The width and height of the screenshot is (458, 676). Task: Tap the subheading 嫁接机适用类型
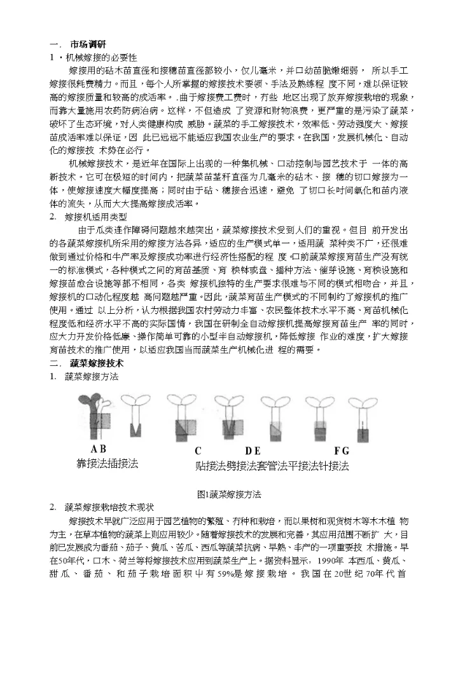[96, 217]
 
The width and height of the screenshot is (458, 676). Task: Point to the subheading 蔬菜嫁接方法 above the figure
[92, 376]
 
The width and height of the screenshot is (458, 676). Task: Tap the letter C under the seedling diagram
[198, 450]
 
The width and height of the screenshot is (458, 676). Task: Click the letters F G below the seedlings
[342, 450]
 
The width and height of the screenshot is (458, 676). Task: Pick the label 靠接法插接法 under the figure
[108, 464]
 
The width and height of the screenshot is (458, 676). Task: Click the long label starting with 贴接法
[272, 466]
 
